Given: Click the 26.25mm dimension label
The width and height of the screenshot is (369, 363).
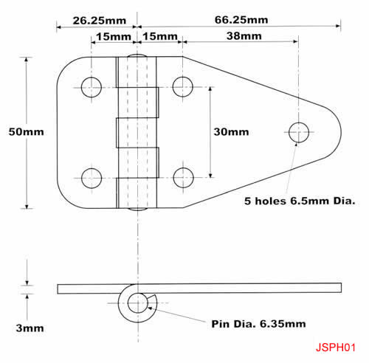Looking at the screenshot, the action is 100,21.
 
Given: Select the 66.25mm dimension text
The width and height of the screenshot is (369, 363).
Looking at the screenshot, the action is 241,20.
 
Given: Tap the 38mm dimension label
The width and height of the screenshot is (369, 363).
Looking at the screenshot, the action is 244,36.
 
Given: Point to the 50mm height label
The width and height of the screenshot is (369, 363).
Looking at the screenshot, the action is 27,132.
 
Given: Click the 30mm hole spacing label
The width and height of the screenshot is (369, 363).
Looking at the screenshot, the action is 231,132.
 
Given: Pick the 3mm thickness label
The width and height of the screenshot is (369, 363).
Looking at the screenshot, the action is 30,328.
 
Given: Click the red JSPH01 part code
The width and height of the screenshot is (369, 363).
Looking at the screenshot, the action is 336,348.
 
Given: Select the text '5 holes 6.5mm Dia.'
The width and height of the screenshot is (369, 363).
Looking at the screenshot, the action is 300,201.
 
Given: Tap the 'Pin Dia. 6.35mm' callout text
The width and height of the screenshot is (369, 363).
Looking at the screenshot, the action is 258,324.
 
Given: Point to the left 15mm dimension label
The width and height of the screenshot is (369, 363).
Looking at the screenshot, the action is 114,37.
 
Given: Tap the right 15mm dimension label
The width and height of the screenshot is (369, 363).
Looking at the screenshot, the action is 160,36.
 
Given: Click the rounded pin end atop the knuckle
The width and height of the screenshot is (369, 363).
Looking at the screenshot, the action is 137,55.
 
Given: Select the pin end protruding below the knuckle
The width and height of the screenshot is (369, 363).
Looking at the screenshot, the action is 138,209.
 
